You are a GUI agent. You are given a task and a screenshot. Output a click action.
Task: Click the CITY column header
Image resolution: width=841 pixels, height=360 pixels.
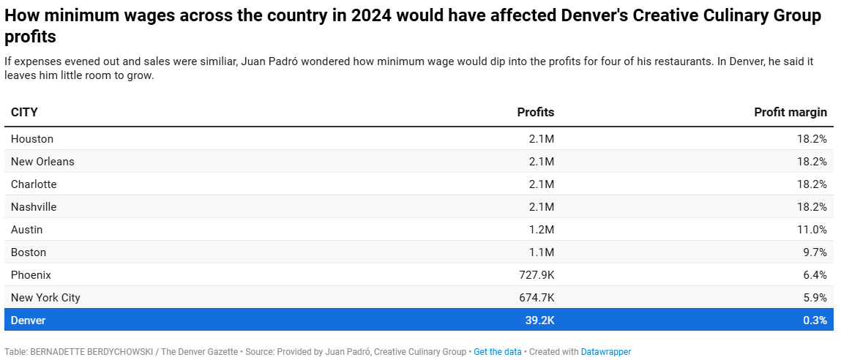click(24, 112)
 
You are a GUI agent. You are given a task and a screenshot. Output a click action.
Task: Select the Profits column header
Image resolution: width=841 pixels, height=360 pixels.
click(535, 112)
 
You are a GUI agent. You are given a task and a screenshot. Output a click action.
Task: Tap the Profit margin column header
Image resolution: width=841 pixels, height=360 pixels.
click(790, 112)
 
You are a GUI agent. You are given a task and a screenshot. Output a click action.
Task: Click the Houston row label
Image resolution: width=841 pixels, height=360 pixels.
click(32, 139)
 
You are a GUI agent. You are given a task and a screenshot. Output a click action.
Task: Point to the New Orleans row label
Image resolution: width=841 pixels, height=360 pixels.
click(42, 162)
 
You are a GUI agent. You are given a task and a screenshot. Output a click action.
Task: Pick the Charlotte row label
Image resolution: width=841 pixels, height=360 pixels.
click(33, 184)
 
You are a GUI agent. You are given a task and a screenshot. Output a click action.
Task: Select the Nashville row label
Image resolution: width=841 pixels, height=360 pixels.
click(33, 206)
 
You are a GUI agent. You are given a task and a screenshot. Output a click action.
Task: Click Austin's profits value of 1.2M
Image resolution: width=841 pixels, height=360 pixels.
click(541, 230)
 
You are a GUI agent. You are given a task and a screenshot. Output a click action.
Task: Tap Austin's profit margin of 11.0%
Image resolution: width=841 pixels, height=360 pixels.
click(812, 230)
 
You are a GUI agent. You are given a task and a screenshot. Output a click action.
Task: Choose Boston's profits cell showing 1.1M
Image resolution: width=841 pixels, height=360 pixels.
click(541, 252)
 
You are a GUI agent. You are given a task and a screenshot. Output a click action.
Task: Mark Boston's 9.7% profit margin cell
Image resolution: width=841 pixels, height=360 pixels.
click(815, 252)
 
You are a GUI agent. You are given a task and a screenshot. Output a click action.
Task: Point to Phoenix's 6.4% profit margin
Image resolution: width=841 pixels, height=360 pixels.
click(815, 274)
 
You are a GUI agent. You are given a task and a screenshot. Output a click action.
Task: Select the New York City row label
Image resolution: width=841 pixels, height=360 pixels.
click(45, 297)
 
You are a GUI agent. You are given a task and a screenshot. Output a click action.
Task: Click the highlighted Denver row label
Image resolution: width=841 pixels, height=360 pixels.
click(28, 320)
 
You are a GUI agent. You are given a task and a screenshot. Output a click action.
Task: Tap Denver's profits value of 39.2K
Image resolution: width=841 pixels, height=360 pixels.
click(539, 320)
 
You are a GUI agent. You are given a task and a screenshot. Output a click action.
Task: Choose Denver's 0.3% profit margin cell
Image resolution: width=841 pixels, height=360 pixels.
click(815, 320)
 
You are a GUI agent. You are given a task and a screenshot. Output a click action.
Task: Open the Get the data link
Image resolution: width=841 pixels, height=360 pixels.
click(497, 352)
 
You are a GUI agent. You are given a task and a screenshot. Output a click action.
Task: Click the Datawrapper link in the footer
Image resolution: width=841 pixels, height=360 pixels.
click(605, 352)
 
